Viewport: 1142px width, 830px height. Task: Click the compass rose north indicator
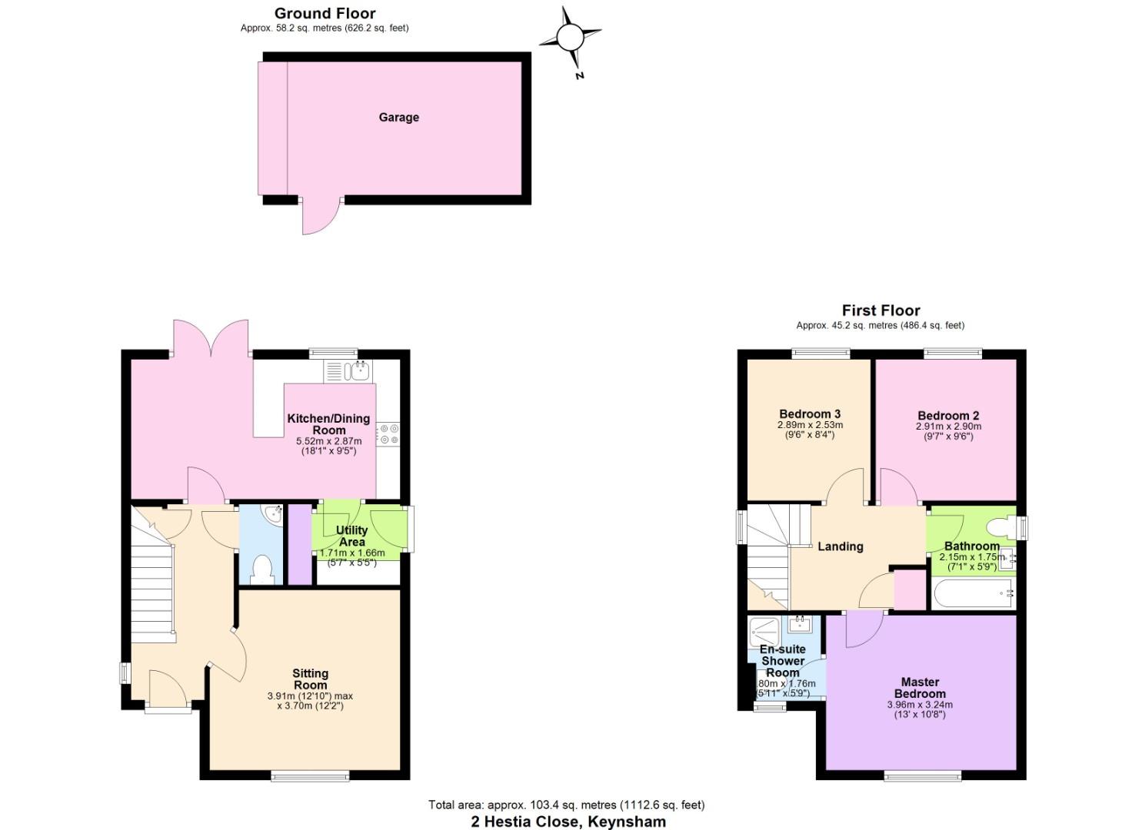pyautogui.click(x=570, y=37)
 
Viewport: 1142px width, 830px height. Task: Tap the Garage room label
pyautogui.click(x=398, y=118)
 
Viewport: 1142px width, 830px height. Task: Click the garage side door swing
pyautogui.click(x=319, y=217)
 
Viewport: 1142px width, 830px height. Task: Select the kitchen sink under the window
pyautogui.click(x=357, y=371)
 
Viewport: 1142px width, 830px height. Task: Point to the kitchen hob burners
pyautogui.click(x=388, y=434)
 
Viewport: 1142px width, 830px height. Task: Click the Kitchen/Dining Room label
pyautogui.click(x=328, y=424)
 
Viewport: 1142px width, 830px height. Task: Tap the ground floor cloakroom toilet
pyautogui.click(x=262, y=569)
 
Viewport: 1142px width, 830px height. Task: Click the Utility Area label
pyautogui.click(x=351, y=536)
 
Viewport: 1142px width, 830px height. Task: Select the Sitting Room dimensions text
pyautogui.click(x=310, y=701)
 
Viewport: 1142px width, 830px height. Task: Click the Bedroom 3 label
pyautogui.click(x=810, y=414)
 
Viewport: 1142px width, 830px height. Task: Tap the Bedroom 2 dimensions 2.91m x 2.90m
pyautogui.click(x=948, y=427)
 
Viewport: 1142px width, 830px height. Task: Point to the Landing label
pyautogui.click(x=840, y=546)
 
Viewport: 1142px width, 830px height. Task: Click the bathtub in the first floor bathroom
pyautogui.click(x=973, y=593)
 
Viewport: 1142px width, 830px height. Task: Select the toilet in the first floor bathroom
pyautogui.click(x=1000, y=527)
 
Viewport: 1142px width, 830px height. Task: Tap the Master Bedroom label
pyautogui.click(x=920, y=687)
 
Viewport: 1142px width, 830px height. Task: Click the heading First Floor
pyautogui.click(x=881, y=310)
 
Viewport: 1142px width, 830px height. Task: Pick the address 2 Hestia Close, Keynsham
pyautogui.click(x=568, y=821)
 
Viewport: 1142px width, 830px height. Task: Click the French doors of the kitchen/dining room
pyautogui.click(x=211, y=338)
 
